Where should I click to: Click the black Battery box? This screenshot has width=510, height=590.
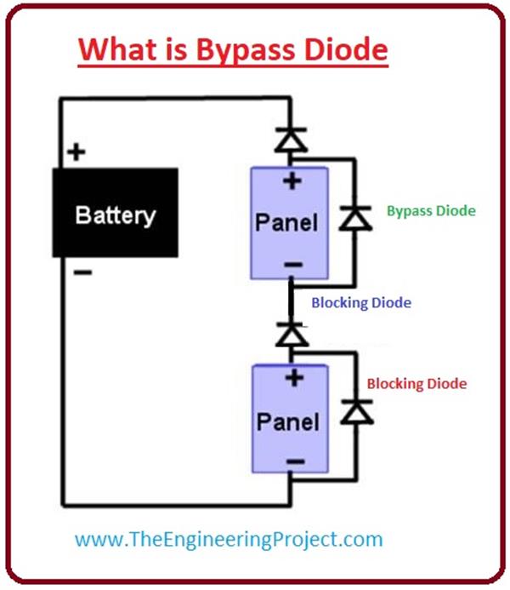pyautogui.click(x=115, y=213)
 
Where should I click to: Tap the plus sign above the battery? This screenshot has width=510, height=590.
pyautogui.click(x=77, y=153)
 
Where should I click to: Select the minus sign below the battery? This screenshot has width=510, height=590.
pyautogui.click(x=82, y=272)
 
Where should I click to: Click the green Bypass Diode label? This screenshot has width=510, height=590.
pyautogui.click(x=431, y=210)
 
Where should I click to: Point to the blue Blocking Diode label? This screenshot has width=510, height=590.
pyautogui.click(x=360, y=302)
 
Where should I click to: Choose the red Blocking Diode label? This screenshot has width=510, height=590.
pyautogui.click(x=416, y=384)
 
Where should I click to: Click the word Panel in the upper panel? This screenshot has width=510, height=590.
pyautogui.click(x=288, y=224)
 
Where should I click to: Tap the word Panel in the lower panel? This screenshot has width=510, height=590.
pyautogui.click(x=288, y=422)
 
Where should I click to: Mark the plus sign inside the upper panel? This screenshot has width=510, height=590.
pyautogui.click(x=292, y=180)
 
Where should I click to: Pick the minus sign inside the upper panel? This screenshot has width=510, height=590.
pyautogui.click(x=292, y=265)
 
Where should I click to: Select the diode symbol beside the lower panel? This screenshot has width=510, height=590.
pyautogui.click(x=350, y=412)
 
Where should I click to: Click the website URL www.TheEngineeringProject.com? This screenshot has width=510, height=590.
pyautogui.click(x=229, y=539)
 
